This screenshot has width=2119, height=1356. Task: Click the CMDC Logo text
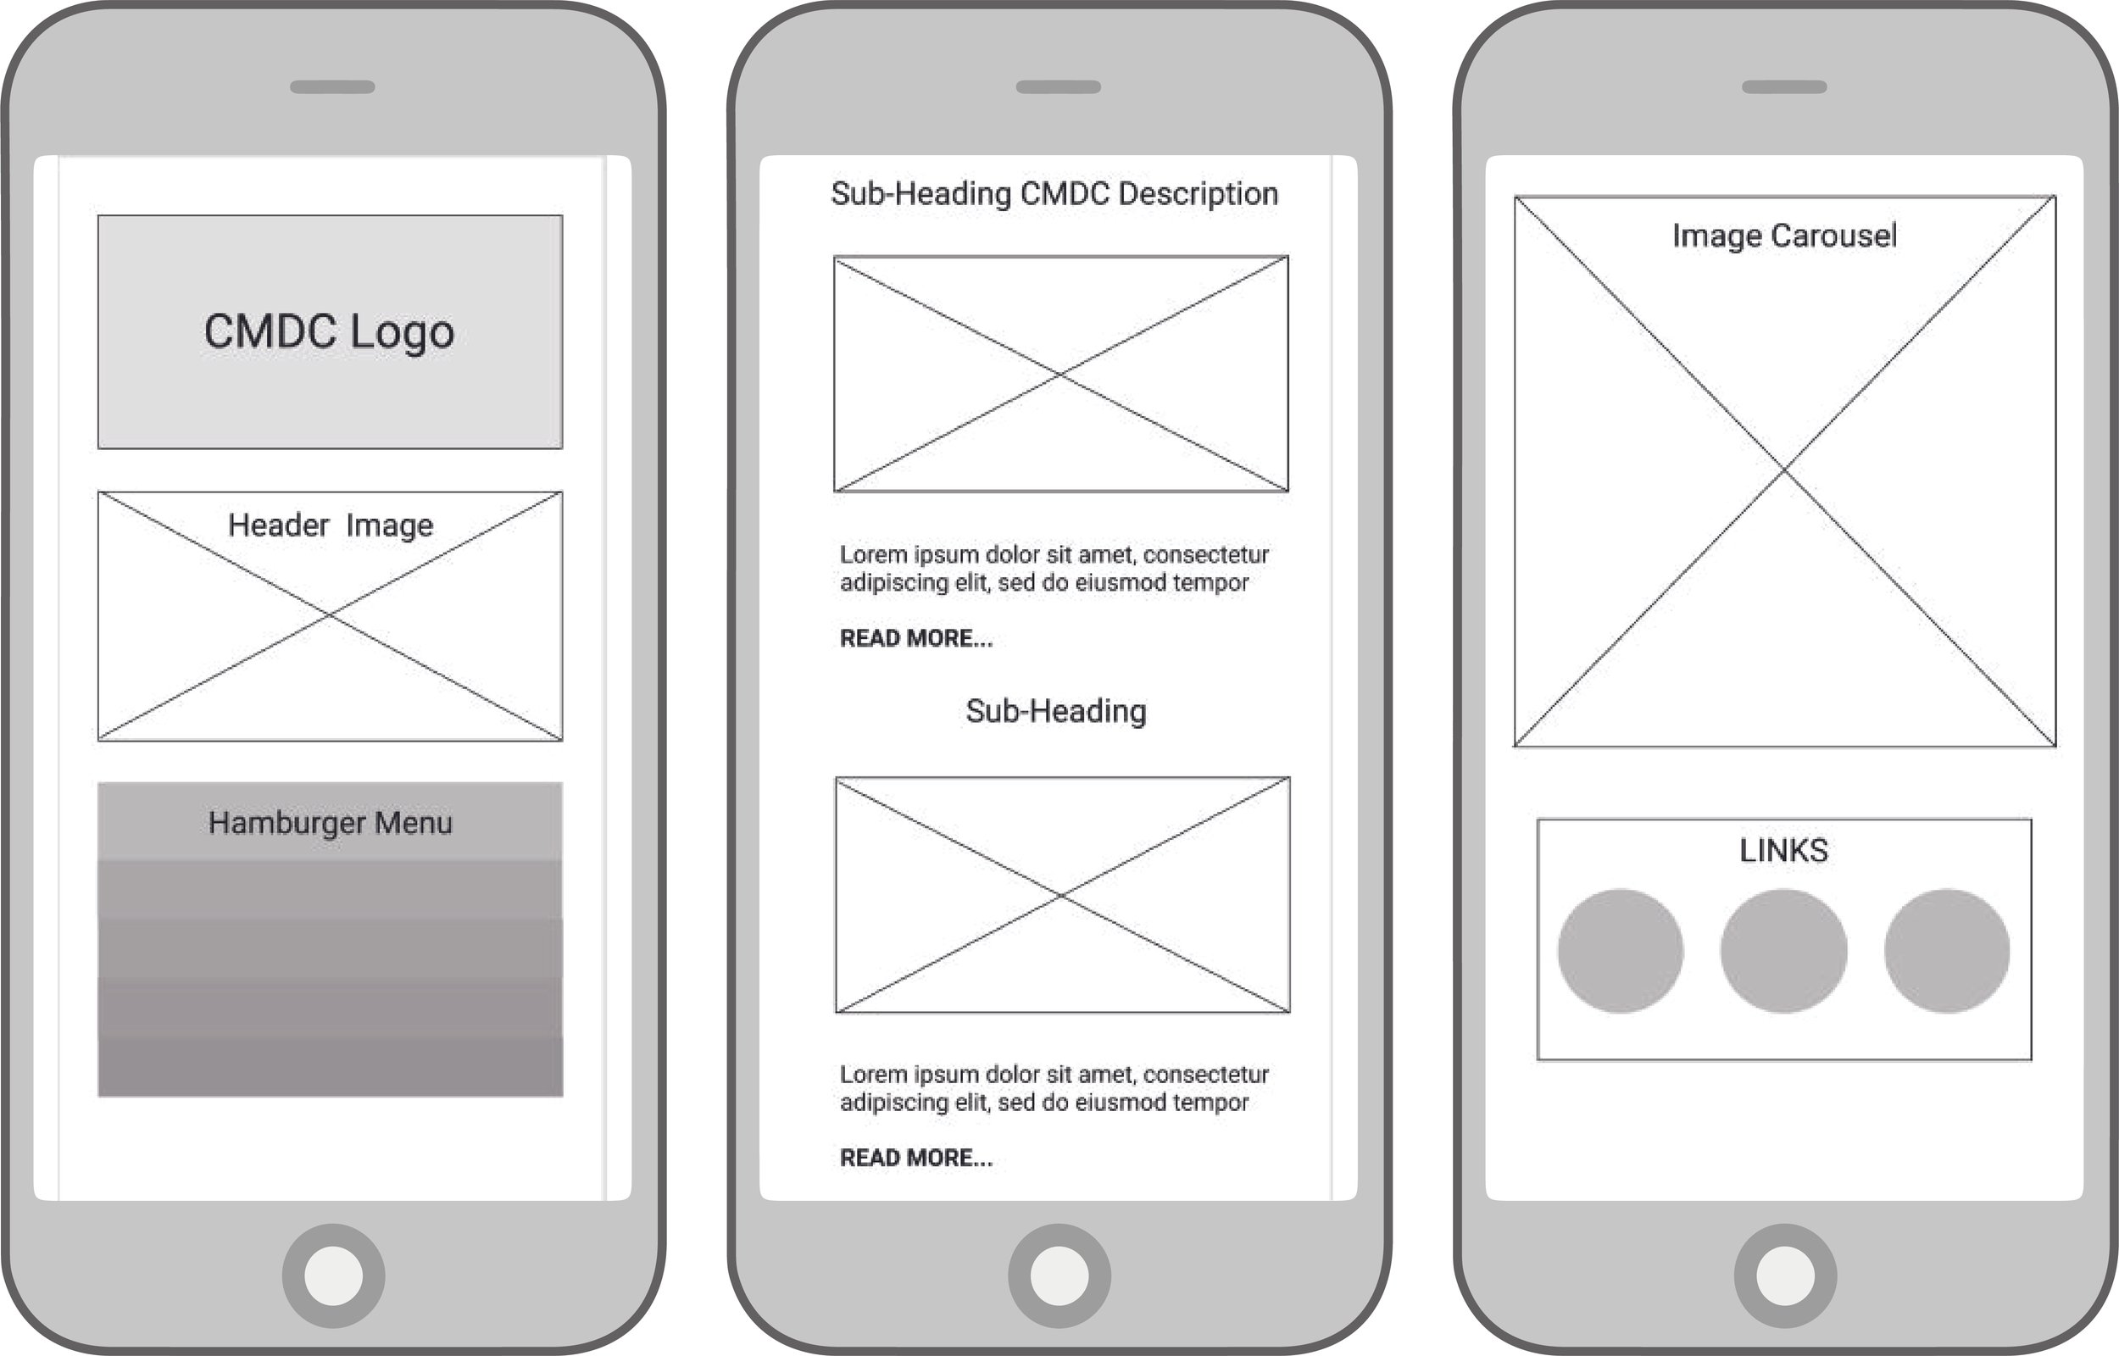point(329,332)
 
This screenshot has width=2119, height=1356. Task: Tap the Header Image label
point(330,525)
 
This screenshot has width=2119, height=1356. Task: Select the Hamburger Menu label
point(330,822)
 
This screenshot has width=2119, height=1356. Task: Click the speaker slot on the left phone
point(332,87)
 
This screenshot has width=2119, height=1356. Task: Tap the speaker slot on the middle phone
point(1058,87)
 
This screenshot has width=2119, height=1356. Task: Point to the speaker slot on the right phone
point(1784,87)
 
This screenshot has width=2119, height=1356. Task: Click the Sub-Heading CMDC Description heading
point(1054,194)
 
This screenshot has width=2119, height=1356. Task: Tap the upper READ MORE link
point(915,638)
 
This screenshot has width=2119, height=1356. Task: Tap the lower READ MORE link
point(915,1158)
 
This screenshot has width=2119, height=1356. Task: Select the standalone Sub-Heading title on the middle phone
point(1055,710)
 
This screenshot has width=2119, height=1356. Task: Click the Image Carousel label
point(1784,236)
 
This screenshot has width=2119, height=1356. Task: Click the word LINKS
point(1783,851)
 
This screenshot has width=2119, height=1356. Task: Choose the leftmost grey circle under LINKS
point(1620,951)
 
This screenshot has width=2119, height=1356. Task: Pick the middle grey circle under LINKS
point(1783,951)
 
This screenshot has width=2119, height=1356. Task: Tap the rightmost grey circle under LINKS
point(1947,951)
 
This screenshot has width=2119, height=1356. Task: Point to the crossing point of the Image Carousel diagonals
point(1784,471)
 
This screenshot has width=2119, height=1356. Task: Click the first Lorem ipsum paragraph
point(1053,568)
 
